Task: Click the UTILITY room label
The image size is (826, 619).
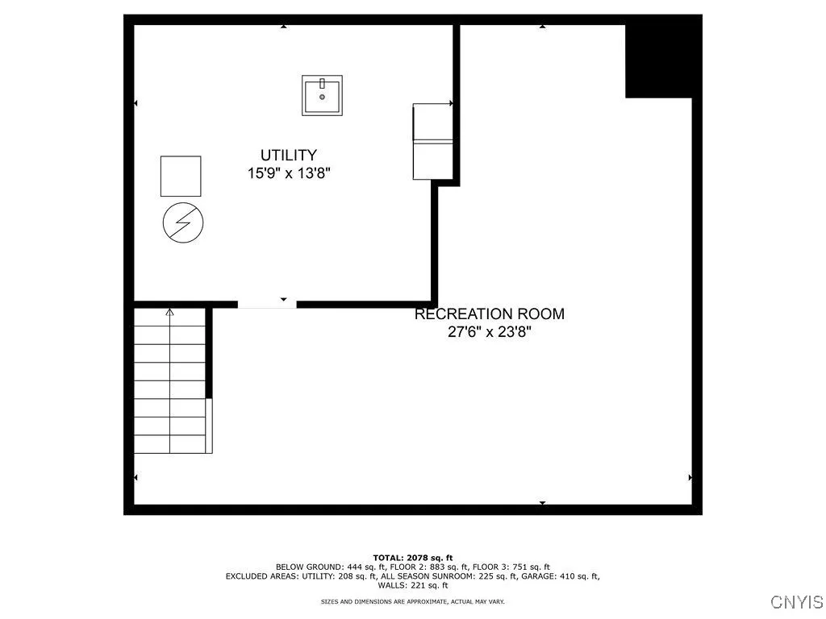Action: point(288,155)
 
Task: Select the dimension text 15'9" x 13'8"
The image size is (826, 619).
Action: point(288,172)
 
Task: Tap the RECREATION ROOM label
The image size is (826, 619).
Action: point(489,314)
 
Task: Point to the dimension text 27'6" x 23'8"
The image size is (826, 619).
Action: point(489,331)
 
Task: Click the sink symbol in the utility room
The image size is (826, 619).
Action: point(322,95)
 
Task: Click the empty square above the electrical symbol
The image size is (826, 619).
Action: point(181,176)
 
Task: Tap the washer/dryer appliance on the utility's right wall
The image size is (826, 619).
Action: point(432,141)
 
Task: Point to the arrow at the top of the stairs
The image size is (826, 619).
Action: point(170,311)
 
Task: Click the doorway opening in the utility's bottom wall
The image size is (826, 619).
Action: point(267,304)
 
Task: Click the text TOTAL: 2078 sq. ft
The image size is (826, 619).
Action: point(412,558)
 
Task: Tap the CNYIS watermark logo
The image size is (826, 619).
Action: point(796,602)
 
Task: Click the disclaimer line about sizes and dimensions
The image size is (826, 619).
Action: point(412,601)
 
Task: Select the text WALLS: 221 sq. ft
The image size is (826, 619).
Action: point(412,585)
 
